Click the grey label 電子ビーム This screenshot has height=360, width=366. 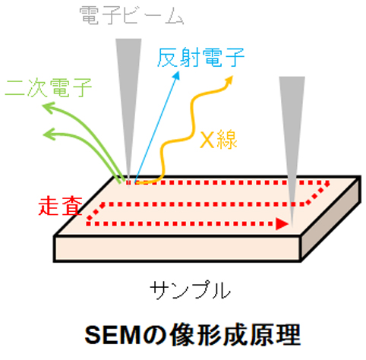coord(131,16)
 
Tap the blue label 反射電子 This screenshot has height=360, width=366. coord(200,58)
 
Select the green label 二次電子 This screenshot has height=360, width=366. coord(49,87)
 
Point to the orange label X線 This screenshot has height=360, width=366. coord(219,139)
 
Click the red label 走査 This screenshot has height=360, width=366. coord(61,207)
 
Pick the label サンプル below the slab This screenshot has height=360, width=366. coord(190,289)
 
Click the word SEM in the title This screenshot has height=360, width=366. coord(112,335)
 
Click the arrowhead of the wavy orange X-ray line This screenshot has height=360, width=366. coord(229,80)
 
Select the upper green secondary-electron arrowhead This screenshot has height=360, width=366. coord(48,107)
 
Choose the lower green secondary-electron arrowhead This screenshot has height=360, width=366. coord(49,134)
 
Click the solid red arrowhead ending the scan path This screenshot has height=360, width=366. coord(282,224)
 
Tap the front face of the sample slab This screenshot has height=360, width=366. coord(177,248)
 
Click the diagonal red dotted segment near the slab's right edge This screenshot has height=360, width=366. coord(317,194)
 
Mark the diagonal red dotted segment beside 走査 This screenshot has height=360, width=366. coord(96,212)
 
